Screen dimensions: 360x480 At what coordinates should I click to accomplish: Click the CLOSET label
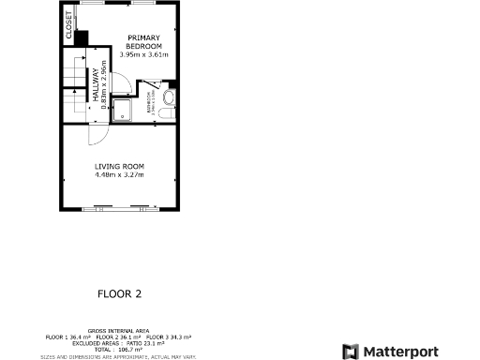pos(68,24)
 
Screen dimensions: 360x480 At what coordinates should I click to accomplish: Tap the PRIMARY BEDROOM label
pos(144,42)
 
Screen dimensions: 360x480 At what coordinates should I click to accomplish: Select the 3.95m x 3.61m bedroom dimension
pos(144,54)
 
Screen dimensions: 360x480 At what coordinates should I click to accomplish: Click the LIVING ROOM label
pos(119,166)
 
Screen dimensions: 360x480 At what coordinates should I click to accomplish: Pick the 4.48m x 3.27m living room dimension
pos(119,173)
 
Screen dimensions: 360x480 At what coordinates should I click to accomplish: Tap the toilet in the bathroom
pos(169,97)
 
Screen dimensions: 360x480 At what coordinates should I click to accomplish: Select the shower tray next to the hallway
pos(123,109)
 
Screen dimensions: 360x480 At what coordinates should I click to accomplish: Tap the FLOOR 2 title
pos(119,293)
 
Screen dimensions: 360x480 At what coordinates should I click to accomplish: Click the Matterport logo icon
pos(349,352)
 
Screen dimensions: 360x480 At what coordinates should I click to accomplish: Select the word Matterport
pos(400,352)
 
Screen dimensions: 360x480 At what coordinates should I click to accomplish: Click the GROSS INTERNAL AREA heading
pos(118,331)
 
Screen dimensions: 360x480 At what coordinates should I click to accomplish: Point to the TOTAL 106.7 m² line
pos(118,349)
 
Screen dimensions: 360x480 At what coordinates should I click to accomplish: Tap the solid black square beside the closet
pos(81,37)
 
